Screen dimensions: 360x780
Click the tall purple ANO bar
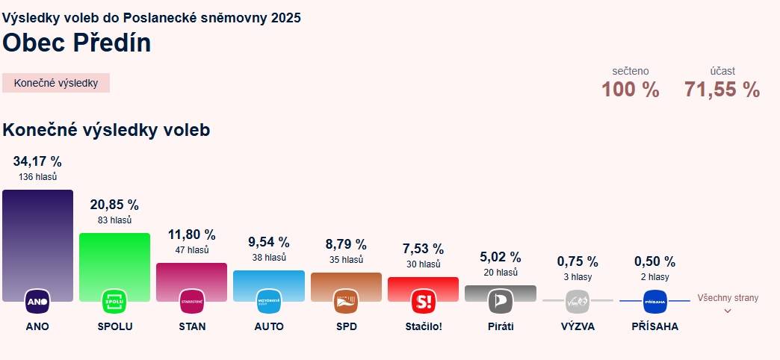coord(37,239)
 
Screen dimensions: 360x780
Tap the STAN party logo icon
coord(191,301)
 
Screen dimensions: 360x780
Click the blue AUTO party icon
coord(268,301)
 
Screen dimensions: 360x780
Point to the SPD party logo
coord(346,301)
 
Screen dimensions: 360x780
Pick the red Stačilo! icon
coord(423,301)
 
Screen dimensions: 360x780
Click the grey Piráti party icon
coord(500,301)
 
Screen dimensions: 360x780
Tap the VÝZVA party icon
coord(578,301)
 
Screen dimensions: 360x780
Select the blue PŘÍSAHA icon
coord(654,301)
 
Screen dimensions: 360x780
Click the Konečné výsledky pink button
coord(56,83)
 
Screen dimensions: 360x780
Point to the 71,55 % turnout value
coord(722,90)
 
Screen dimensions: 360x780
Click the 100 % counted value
coord(630,90)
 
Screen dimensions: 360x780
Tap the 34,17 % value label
coord(37,161)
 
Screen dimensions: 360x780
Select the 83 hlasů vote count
coord(114,220)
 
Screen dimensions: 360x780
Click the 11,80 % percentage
coord(191,235)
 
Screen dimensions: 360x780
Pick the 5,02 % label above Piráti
coord(500,258)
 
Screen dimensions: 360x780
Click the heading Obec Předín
coord(77,43)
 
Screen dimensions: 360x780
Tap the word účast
coord(722,71)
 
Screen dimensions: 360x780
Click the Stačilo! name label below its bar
coord(423,326)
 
